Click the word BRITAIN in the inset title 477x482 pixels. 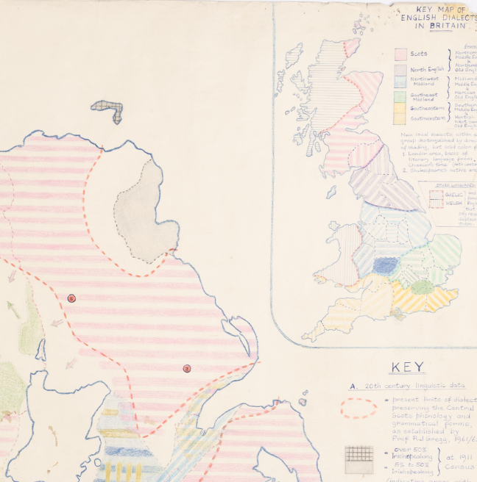(x=450, y=26)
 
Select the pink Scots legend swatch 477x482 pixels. (x=400, y=54)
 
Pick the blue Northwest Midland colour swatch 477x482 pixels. (x=400, y=83)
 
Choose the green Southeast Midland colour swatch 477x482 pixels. (x=400, y=96)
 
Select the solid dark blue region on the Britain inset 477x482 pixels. (x=386, y=265)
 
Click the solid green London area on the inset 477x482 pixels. (x=422, y=287)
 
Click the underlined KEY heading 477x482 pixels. (x=407, y=367)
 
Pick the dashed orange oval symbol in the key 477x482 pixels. (x=361, y=408)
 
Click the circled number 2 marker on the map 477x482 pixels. (x=186, y=368)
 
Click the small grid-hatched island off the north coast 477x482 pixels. (x=108, y=110)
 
